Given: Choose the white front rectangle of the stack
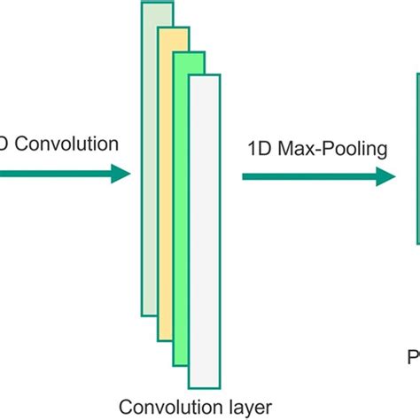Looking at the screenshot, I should pyautogui.click(x=204, y=230).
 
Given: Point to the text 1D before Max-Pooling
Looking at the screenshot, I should pyautogui.click(x=259, y=149).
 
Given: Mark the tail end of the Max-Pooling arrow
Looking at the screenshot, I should pyautogui.click(x=245, y=177).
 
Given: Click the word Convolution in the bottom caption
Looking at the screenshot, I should pyautogui.click(x=160, y=407).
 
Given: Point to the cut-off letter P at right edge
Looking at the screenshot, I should pyautogui.click(x=413, y=358).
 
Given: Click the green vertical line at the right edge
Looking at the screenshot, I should pyautogui.click(x=417, y=159).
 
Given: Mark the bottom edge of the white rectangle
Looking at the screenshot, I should pyautogui.click(x=204, y=386).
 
